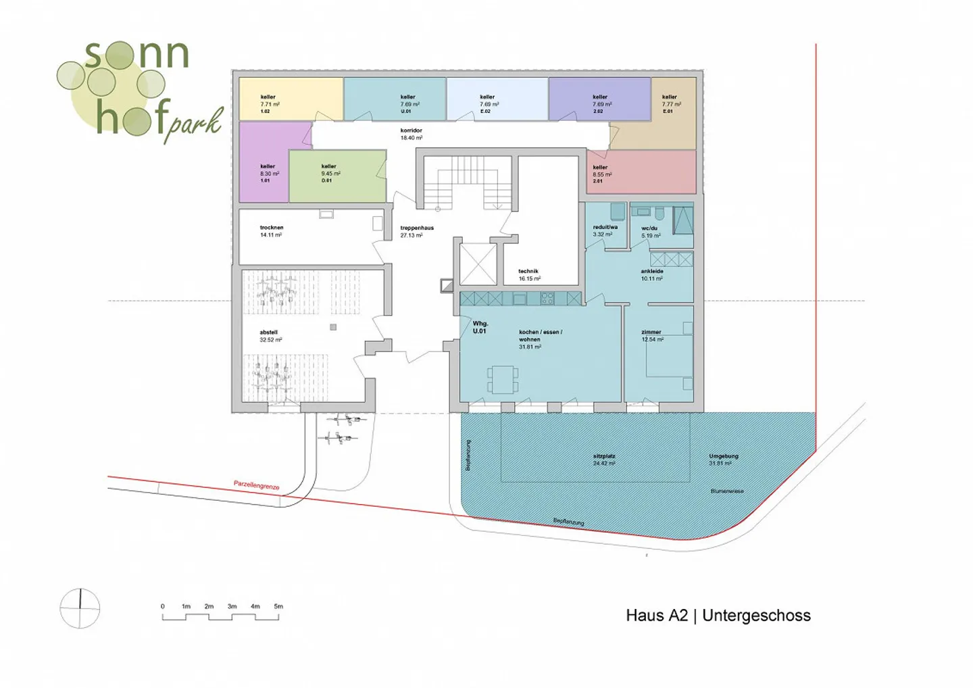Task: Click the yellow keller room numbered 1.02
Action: [x=291, y=99]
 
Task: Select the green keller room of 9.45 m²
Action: [x=337, y=176]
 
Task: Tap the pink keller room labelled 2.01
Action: [x=641, y=172]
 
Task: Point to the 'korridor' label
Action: [x=411, y=130]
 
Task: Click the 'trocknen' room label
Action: [x=272, y=228]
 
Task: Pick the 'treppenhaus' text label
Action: [x=416, y=228]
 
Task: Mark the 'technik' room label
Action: [x=528, y=271]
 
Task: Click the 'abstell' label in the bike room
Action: [x=269, y=333]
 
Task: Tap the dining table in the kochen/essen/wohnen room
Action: [x=503, y=379]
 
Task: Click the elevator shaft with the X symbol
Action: [x=478, y=263]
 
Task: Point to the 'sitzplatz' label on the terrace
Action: [x=604, y=456]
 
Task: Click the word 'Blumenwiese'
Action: [x=727, y=491]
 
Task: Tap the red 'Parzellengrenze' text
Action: [x=256, y=485]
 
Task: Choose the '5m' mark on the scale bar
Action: [x=278, y=606]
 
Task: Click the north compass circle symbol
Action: [x=80, y=608]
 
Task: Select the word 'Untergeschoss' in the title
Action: [x=756, y=616]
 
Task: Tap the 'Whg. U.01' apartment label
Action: [x=480, y=327]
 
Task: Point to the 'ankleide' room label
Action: [x=652, y=271]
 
